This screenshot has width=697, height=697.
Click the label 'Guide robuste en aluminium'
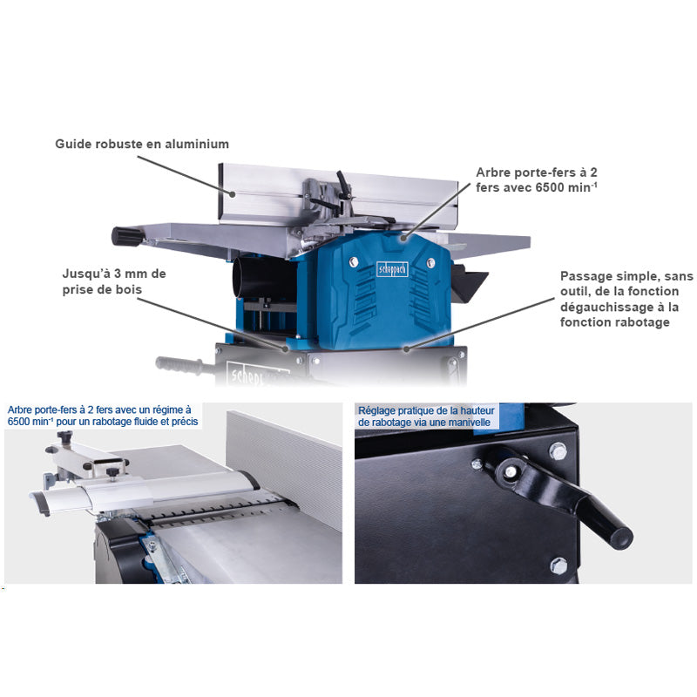(142, 144)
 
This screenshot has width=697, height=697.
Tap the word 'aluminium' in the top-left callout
(197, 144)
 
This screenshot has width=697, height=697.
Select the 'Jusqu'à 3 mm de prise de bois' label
(114, 281)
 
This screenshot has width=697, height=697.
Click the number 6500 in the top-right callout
(550, 187)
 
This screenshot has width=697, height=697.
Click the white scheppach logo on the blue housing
(392, 269)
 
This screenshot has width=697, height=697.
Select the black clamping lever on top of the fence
(343, 184)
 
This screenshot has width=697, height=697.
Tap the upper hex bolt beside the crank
(558, 451)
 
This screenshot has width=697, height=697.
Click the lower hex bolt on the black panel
(558, 565)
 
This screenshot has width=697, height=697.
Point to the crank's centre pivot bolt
(511, 471)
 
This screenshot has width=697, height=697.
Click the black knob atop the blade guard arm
(64, 436)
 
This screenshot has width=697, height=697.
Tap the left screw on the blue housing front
(354, 261)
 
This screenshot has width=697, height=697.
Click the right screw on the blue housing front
(430, 262)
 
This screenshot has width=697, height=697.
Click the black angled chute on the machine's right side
(469, 283)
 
